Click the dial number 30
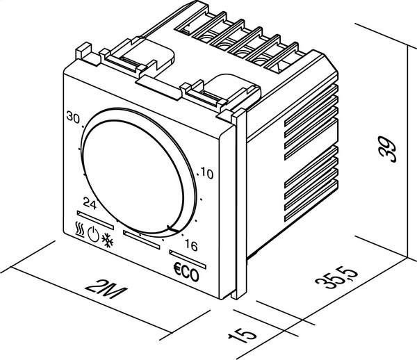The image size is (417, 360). click(73, 117)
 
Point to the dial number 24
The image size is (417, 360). click(89, 203)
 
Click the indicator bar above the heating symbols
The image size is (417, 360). click(89, 217)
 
